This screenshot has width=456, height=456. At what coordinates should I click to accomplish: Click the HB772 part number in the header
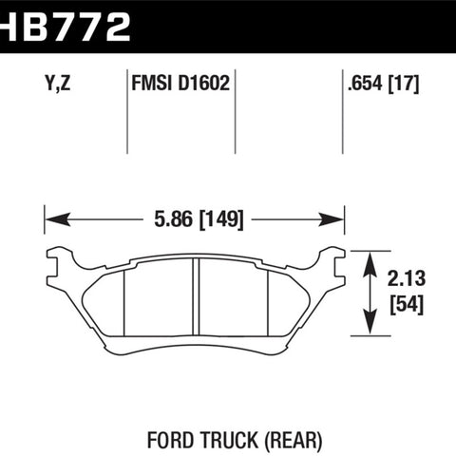(x=65, y=27)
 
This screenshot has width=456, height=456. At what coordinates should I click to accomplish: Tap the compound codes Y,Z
(x=58, y=84)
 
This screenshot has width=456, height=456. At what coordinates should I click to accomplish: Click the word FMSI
(x=152, y=84)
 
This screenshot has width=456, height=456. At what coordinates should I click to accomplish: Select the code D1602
(x=203, y=84)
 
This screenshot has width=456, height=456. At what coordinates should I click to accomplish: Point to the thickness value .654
(x=363, y=84)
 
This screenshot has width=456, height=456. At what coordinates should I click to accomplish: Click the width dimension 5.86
(x=173, y=219)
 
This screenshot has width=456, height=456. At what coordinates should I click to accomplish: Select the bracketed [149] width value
(x=221, y=219)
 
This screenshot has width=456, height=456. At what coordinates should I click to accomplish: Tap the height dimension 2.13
(x=407, y=278)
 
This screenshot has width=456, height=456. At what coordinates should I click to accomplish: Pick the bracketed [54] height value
(x=407, y=305)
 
